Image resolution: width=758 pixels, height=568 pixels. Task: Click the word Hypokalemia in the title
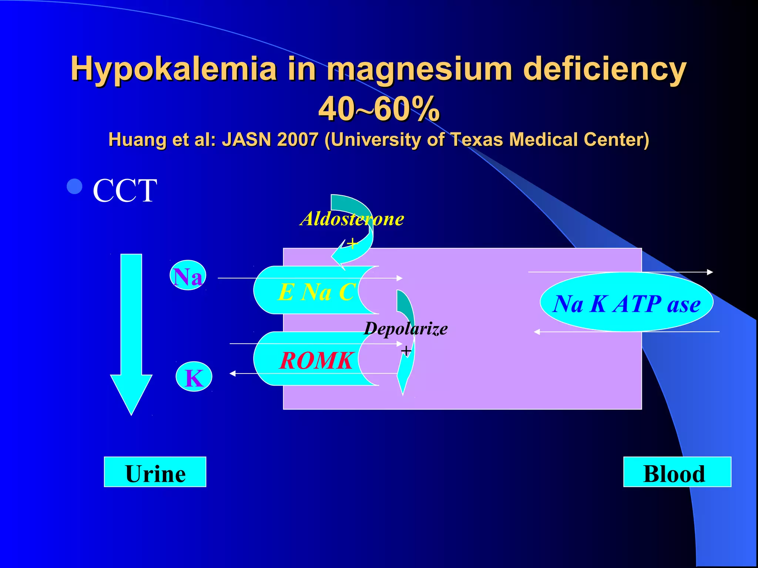pyautogui.click(x=174, y=69)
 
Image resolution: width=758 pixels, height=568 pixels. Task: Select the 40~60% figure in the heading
pyautogui.click(x=379, y=109)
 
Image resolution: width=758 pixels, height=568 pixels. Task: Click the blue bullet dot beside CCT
pyautogui.click(x=74, y=186)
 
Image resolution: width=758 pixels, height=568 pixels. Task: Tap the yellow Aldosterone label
pyautogui.click(x=352, y=219)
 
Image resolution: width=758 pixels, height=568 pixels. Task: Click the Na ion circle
pyautogui.click(x=188, y=276)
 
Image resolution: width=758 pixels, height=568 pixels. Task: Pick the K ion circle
pyautogui.click(x=194, y=377)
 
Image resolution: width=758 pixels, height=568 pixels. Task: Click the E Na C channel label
pyautogui.click(x=316, y=292)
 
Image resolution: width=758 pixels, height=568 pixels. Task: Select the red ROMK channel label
pyautogui.click(x=316, y=360)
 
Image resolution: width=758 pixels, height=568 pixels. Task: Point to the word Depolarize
pyautogui.click(x=406, y=328)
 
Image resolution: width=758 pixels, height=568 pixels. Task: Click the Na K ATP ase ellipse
pyautogui.click(x=626, y=303)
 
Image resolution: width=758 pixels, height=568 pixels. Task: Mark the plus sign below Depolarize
pyautogui.click(x=406, y=351)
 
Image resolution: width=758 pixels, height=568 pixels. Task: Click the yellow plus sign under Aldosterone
pyautogui.click(x=353, y=243)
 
